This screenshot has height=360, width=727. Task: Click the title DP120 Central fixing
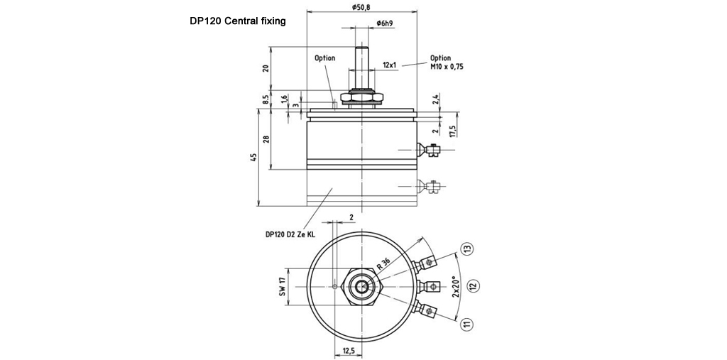[x=237, y=21]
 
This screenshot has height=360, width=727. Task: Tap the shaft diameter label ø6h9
[x=386, y=23]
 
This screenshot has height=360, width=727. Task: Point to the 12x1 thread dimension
[x=390, y=65]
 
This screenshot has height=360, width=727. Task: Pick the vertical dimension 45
[x=254, y=157]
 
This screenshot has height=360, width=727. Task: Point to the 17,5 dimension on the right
[x=452, y=131]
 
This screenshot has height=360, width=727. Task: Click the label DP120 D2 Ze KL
[x=290, y=234]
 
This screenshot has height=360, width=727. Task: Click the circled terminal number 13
[x=466, y=249]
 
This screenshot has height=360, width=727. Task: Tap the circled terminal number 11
[x=466, y=324]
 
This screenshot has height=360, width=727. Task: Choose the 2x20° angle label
[x=457, y=287]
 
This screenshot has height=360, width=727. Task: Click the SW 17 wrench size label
[x=281, y=286]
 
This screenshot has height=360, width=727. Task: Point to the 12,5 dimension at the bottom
[x=348, y=351]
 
